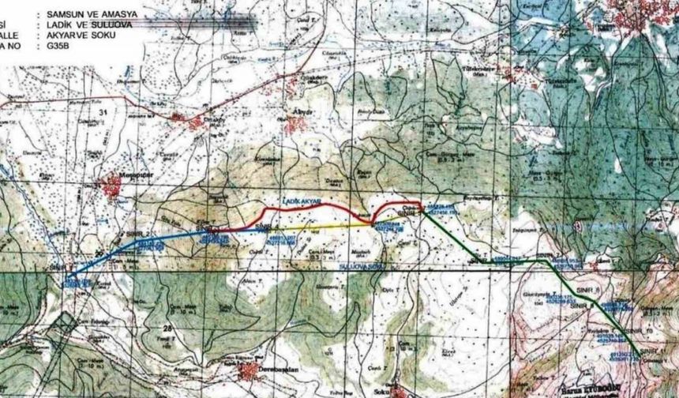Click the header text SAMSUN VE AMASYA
(92, 14)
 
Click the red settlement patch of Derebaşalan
(249, 369)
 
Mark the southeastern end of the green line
(638, 355)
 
